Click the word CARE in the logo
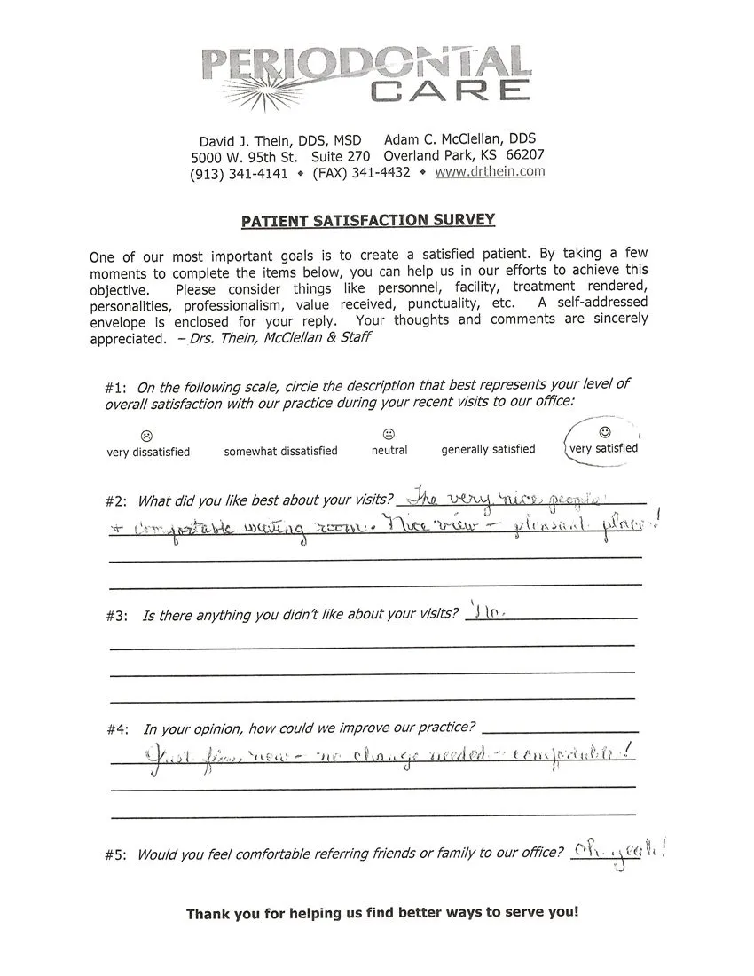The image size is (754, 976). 451,90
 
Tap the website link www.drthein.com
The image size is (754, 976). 490,172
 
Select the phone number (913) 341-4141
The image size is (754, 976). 239,174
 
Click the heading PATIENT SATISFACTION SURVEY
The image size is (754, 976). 368,220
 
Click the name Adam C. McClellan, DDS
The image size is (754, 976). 459,139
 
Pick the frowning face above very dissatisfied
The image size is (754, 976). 147,436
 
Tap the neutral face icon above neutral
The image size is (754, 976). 389,434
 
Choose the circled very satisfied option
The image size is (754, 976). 603,448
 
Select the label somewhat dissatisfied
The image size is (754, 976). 280,451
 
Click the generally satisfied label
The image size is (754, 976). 488,449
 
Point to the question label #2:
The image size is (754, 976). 117,501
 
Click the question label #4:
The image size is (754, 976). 118,729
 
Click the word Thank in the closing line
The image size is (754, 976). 208,914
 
